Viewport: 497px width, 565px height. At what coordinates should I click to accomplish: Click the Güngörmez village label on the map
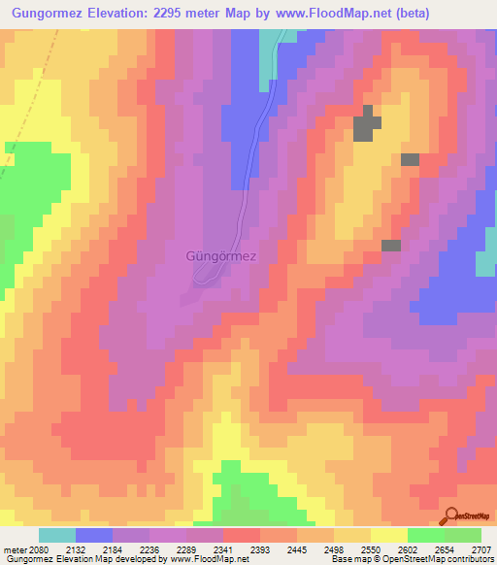tap(220, 257)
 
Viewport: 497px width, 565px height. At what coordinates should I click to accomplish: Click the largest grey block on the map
tap(367, 126)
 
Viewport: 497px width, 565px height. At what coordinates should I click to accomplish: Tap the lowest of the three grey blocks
tap(391, 246)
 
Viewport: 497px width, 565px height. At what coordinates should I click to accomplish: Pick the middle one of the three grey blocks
tap(410, 159)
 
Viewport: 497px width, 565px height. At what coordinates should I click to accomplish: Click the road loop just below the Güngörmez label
tap(206, 280)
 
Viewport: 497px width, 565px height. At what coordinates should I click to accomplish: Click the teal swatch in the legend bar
tap(57, 535)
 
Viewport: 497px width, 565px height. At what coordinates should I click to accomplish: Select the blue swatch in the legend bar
tap(94, 535)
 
